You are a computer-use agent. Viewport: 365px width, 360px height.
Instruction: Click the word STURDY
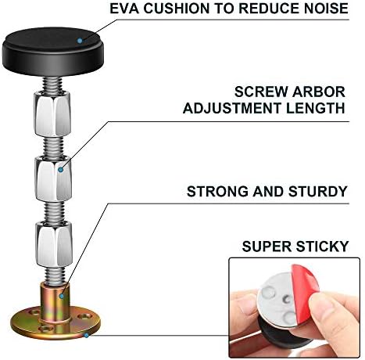coord(318,192)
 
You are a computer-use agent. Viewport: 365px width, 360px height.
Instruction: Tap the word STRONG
coord(217,192)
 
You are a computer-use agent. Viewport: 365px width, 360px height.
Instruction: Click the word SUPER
coord(267,247)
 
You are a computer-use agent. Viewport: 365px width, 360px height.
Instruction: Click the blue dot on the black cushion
coord(80,41)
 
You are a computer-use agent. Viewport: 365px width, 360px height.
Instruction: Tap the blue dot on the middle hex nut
coord(61,170)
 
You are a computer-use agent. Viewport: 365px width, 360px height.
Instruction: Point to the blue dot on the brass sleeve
coord(62,296)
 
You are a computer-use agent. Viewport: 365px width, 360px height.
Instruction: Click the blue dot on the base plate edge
coord(86,335)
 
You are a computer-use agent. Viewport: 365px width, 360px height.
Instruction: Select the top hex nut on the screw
coord(52,113)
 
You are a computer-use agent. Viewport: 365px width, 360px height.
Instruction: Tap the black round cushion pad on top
coord(53,50)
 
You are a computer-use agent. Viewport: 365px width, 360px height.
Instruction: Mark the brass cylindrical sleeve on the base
coord(55,302)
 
